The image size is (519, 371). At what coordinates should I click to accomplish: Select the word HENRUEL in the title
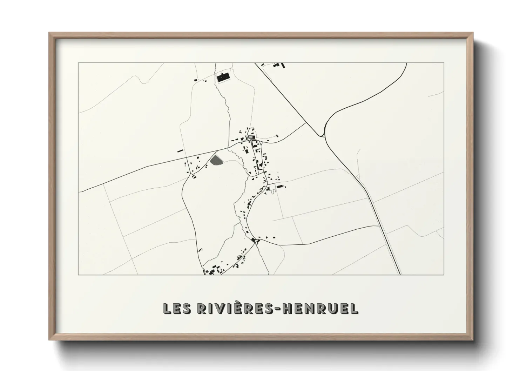click(x=320, y=309)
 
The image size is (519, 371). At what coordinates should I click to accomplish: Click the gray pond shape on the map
click(x=216, y=160)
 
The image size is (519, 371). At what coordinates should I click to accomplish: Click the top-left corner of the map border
click(x=79, y=63)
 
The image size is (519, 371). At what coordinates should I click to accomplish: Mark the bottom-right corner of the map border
click(x=444, y=275)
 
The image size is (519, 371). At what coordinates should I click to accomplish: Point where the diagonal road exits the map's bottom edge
click(x=399, y=274)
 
